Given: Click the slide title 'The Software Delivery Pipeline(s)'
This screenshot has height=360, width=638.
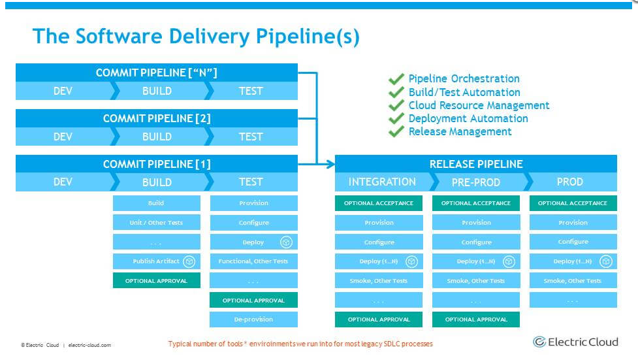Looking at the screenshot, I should pyautogui.click(x=196, y=36).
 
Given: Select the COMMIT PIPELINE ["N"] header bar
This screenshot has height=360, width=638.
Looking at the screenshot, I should pyautogui.click(x=156, y=73).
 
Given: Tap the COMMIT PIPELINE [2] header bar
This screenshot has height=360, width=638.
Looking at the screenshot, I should pyautogui.click(x=156, y=118).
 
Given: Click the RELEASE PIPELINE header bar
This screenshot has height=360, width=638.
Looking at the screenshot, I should pyautogui.click(x=475, y=164).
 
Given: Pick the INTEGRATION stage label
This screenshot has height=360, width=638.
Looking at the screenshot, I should pyautogui.click(x=382, y=182).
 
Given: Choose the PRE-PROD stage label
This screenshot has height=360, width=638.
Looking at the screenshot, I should pyautogui.click(x=476, y=182).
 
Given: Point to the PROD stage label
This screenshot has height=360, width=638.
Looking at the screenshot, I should pyautogui.click(x=569, y=182).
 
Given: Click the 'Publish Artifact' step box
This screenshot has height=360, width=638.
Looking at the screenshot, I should pyautogui.click(x=156, y=261).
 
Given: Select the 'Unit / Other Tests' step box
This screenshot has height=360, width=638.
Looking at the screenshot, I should pyautogui.click(x=156, y=223).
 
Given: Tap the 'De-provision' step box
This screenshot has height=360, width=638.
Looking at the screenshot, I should pyautogui.click(x=253, y=319).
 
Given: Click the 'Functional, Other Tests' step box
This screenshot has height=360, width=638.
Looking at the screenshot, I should pyautogui.click(x=253, y=261).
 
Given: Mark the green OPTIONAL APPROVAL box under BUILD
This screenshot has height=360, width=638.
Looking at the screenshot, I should pyautogui.click(x=156, y=281).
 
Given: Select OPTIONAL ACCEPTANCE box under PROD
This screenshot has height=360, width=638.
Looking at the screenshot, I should pyautogui.click(x=573, y=203).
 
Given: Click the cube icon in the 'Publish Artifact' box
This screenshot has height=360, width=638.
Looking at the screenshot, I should pyautogui.click(x=189, y=261).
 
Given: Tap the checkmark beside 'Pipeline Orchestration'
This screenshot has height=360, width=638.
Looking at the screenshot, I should pyautogui.click(x=396, y=79).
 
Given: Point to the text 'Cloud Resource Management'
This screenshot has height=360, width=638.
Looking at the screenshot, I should pyautogui.click(x=479, y=105).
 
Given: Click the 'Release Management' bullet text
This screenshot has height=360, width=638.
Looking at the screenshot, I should pyautogui.click(x=460, y=131).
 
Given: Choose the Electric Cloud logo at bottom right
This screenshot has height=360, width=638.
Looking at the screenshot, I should pyautogui.click(x=575, y=342).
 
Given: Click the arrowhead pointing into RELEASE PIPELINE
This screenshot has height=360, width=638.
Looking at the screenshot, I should pyautogui.click(x=330, y=164).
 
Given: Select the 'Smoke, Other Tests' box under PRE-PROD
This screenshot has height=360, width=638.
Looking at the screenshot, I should pyautogui.click(x=475, y=281).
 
